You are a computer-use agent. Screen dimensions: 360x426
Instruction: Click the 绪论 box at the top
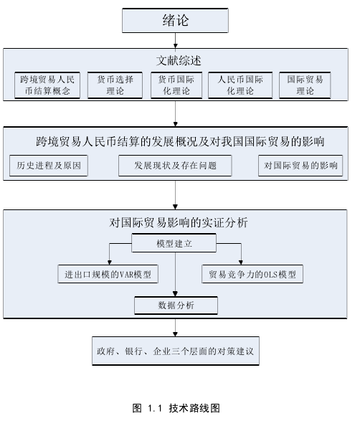coord(175,20)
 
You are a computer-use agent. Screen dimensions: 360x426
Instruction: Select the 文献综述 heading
coord(179,60)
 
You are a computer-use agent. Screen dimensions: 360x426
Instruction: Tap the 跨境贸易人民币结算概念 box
coord(47,85)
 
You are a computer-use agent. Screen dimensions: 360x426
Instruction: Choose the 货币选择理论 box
coord(115,85)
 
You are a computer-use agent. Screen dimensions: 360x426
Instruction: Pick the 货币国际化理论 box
coord(176,85)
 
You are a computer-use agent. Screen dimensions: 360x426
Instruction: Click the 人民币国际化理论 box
coord(240,85)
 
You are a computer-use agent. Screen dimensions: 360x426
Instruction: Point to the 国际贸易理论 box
coord(305,85)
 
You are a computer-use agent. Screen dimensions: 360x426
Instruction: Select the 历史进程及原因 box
coord(49,166)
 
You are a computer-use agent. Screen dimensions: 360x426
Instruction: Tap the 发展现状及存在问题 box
coord(175,166)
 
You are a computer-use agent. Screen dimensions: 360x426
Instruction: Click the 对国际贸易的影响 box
coord(300,166)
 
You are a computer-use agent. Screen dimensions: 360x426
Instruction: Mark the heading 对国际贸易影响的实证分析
coord(179,222)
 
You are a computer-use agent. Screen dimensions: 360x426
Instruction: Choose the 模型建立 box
coord(174,243)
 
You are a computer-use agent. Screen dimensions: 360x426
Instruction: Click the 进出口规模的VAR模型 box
coord(108,274)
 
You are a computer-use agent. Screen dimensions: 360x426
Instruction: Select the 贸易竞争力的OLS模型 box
coord(252,274)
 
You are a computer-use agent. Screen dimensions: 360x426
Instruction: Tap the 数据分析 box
coord(176,306)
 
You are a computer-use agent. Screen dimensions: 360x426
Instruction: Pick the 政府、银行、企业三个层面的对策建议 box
coord(176,351)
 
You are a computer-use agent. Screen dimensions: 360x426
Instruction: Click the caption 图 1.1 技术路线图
coord(176,408)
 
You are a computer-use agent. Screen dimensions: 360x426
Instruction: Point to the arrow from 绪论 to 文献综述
coord(176,41)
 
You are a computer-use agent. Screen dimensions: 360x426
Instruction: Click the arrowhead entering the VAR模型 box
coord(110,262)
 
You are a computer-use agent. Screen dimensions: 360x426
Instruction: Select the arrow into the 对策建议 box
coord(176,328)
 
